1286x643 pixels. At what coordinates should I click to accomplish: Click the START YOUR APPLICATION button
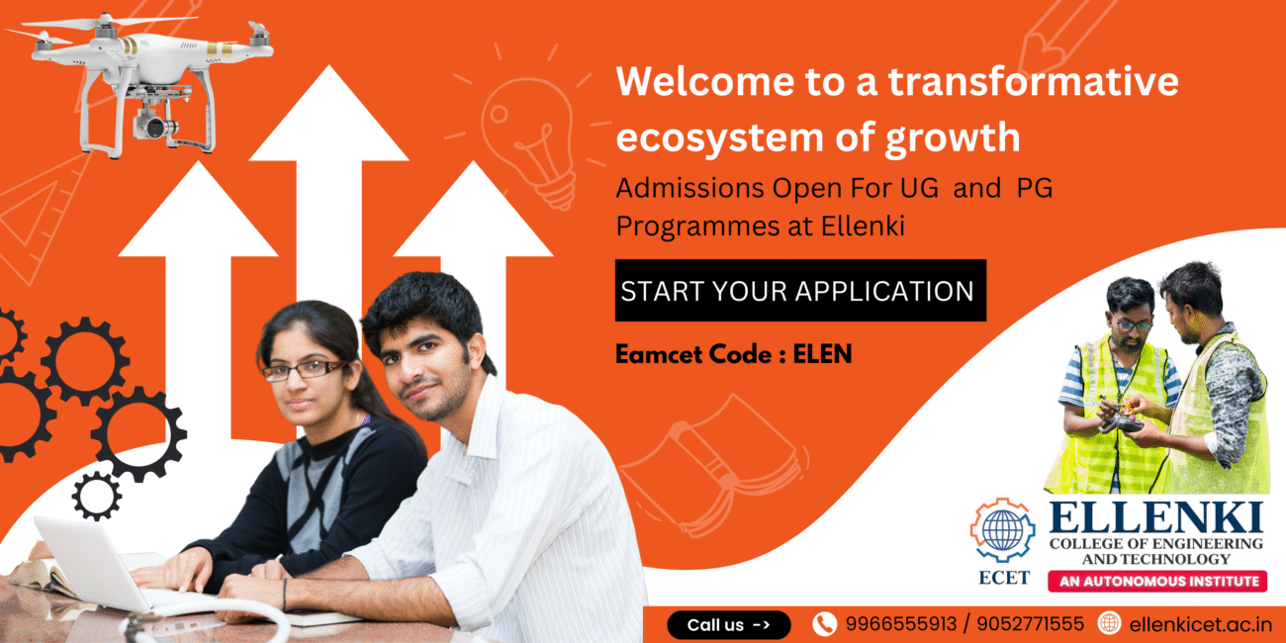tap(800, 291)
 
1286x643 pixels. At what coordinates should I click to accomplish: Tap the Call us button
tap(728, 624)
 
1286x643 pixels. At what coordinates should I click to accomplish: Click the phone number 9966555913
tap(901, 624)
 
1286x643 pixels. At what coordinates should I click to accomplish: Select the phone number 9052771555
tap(1031, 624)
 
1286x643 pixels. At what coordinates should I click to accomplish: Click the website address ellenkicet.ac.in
tap(1200, 624)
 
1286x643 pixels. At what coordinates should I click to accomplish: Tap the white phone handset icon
tap(824, 624)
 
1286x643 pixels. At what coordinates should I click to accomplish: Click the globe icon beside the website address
tap(1109, 623)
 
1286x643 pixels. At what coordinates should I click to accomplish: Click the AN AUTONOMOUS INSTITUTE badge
tap(1157, 582)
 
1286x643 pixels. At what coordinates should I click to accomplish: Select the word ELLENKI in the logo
tap(1155, 517)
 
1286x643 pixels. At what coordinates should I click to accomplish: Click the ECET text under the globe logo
tap(1003, 578)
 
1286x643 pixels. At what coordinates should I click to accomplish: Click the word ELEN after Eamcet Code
tap(822, 354)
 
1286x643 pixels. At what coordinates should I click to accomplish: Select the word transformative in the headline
tap(1034, 81)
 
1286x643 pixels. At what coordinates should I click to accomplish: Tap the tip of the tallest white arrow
tap(329, 65)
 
